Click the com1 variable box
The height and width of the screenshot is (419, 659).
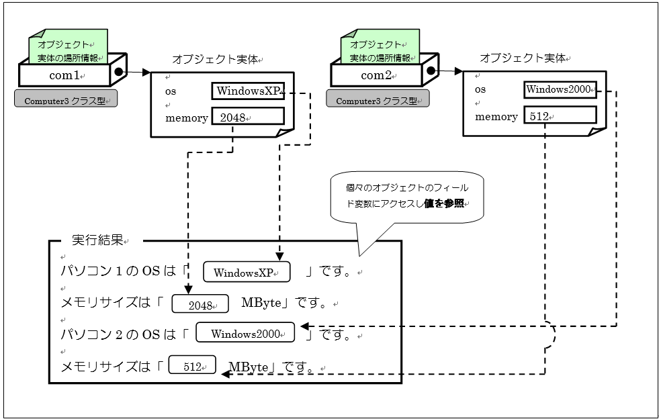[x=64, y=75]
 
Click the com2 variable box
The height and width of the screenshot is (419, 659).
[x=377, y=75]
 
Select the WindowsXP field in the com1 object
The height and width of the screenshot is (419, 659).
[x=248, y=91]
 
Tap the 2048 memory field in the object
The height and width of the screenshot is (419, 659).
[x=247, y=117]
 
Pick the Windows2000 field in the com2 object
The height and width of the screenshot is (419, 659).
[x=560, y=89]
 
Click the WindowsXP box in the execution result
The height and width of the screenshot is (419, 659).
[x=247, y=272]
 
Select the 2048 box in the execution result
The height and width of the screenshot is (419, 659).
[x=201, y=304]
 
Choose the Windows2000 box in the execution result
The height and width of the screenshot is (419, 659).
[x=245, y=333]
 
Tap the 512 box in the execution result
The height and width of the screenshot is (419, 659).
[x=193, y=366]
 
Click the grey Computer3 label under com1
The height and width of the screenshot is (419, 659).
[x=66, y=101]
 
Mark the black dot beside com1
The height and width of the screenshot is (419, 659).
[x=119, y=71]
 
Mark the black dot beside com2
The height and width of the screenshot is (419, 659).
[x=431, y=70]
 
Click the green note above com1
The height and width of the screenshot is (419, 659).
[x=68, y=46]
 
